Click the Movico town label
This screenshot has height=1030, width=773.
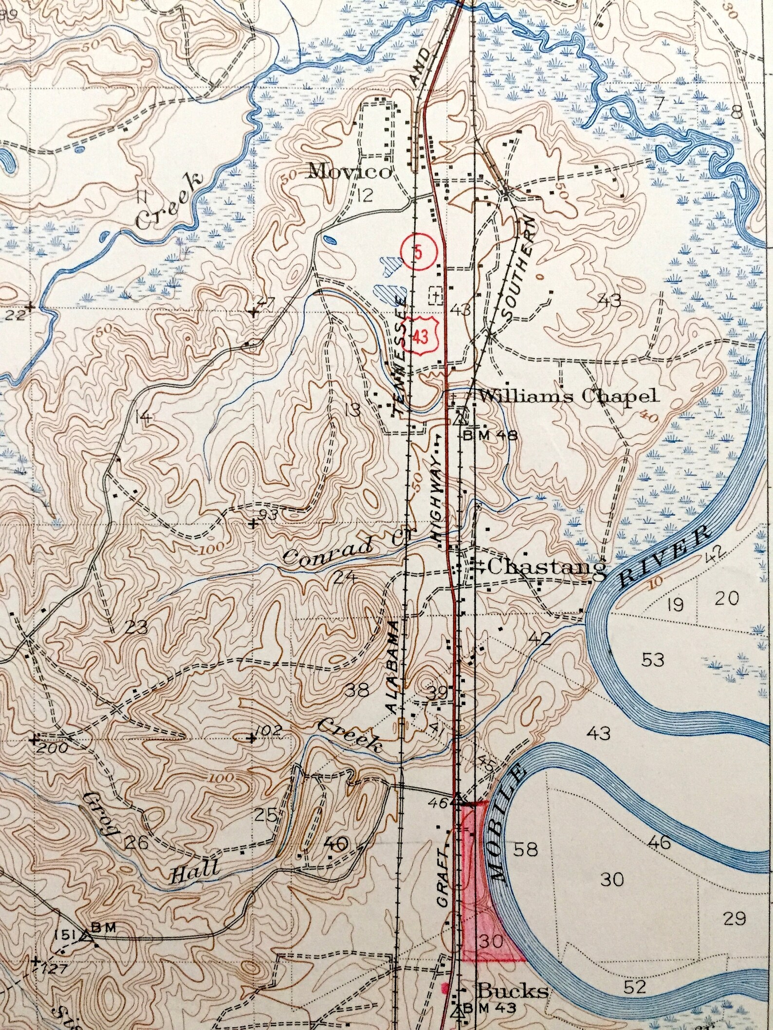[x=350, y=171]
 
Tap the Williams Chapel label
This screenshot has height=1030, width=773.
[x=569, y=396]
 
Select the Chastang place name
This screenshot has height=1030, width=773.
[x=547, y=566]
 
